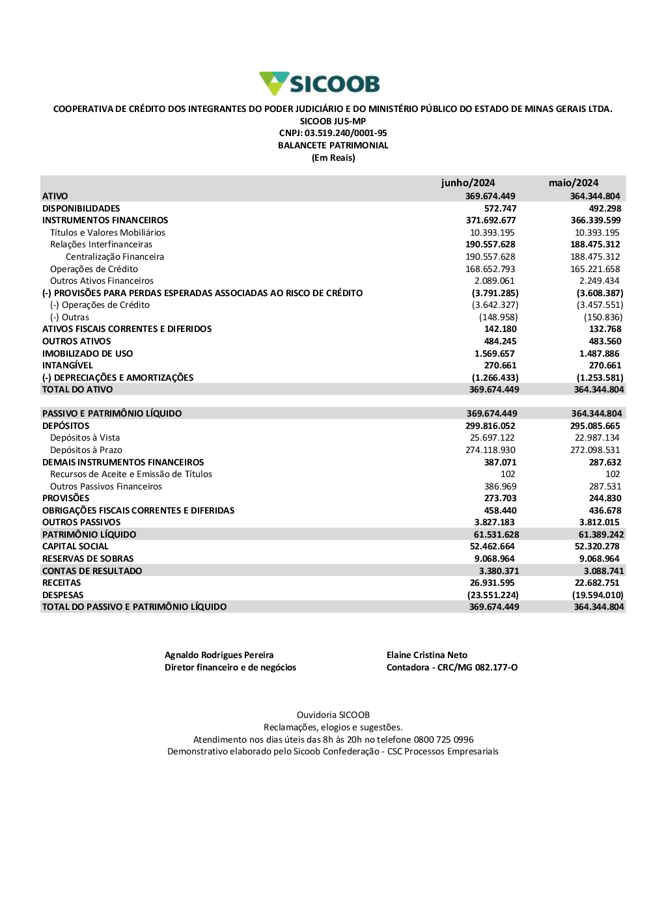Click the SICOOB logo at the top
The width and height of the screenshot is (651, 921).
(x=320, y=83)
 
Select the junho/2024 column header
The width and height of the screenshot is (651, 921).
(x=467, y=183)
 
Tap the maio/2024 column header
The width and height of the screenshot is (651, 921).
(x=573, y=183)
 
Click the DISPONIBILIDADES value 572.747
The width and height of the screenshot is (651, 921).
(x=500, y=208)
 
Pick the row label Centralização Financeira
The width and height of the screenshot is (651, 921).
(x=115, y=256)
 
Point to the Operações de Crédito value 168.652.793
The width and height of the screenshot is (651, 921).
(x=490, y=269)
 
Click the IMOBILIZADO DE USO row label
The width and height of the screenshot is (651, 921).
(x=87, y=353)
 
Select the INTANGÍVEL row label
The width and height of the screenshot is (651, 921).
(x=67, y=365)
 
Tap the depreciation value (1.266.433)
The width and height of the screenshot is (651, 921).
(x=495, y=378)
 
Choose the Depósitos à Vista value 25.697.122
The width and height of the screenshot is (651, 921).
(x=492, y=437)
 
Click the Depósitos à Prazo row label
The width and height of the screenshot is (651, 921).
(x=86, y=450)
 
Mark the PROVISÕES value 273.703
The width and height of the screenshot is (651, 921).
(x=500, y=498)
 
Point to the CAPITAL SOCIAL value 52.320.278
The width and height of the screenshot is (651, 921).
(x=597, y=546)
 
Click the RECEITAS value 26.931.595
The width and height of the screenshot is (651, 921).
(x=492, y=583)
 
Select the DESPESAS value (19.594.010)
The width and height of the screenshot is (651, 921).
(x=598, y=595)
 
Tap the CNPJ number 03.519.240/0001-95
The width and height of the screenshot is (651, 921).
(x=346, y=133)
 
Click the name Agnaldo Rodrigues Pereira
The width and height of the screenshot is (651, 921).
(x=219, y=655)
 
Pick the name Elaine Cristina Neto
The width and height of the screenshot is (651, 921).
(x=426, y=655)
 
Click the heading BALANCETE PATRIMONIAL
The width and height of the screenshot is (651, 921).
(x=333, y=145)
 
